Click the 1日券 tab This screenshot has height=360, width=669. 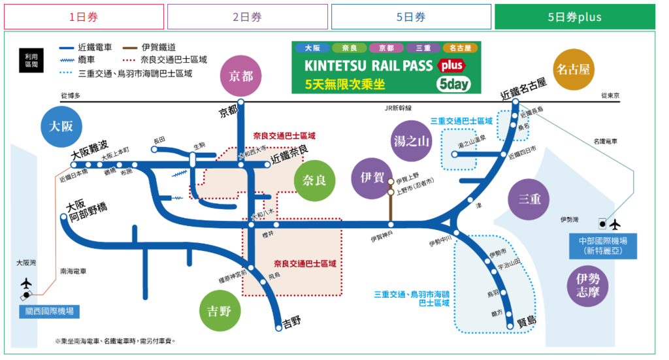pos(84,17)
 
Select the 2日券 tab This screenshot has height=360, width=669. pos(247,17)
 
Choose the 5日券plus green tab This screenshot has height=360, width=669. pos(574,17)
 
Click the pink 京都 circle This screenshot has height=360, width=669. pos(241,76)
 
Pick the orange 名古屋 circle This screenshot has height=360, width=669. pos(573,69)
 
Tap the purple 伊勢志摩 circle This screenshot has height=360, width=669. pos(587,286)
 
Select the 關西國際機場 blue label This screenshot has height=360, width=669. pos(49,311)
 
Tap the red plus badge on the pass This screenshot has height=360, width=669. pos(450,66)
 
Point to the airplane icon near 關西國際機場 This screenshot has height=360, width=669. pos(26,284)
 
